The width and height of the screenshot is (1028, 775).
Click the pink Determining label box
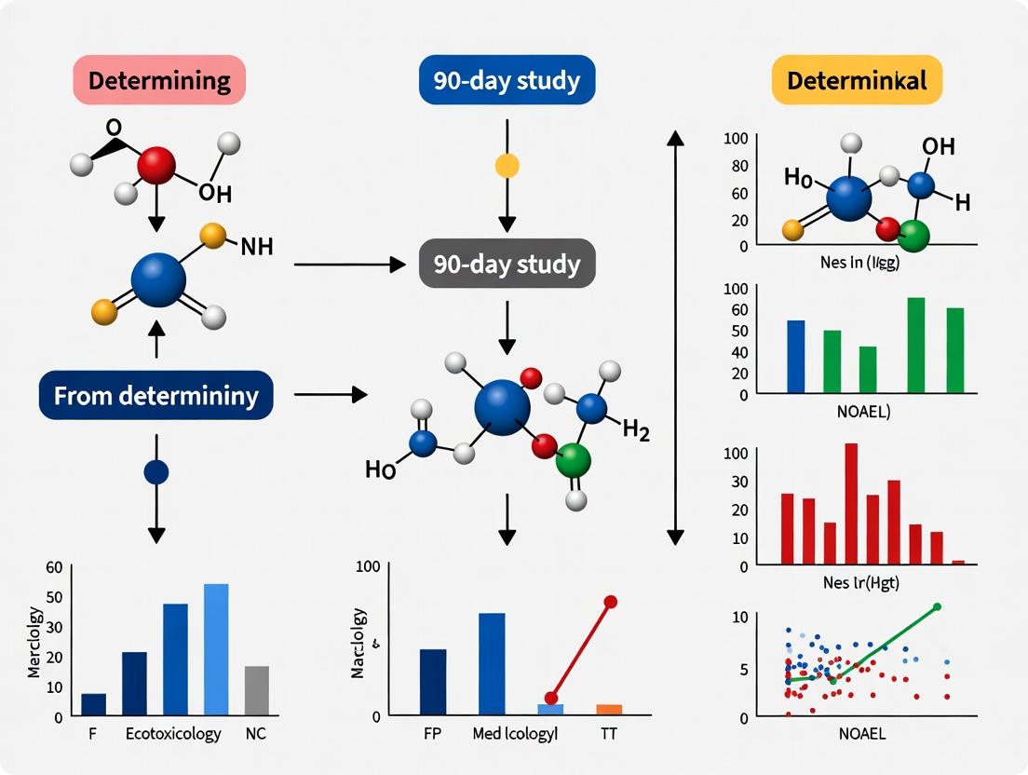158,79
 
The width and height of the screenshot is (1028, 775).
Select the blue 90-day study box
507,79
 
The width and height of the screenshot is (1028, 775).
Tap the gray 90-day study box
507,265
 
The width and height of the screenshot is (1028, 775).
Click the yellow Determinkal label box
857,79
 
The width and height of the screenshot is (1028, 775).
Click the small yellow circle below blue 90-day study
507,166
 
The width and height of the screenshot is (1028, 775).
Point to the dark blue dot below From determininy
156,472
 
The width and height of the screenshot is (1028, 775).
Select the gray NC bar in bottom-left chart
256,690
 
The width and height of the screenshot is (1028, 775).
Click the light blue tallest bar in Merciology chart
216,649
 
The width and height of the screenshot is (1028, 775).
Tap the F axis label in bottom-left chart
92,734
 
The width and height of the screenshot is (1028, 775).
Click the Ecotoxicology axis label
173,734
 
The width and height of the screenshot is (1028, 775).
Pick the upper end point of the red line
611,602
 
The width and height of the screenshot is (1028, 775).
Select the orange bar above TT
609,709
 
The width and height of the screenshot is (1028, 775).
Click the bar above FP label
433,681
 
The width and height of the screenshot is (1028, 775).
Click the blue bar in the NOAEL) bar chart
796,356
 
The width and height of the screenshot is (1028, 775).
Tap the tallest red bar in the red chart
850,503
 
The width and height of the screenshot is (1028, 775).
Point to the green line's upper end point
937,606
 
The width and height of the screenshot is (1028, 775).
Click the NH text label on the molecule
256,247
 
